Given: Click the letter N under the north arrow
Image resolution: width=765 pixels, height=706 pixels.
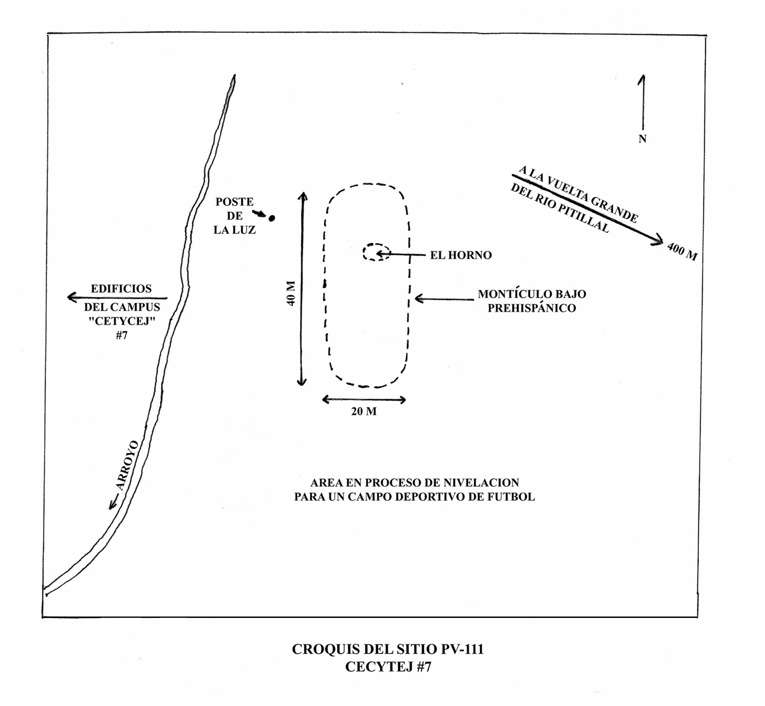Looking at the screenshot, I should coord(642,139).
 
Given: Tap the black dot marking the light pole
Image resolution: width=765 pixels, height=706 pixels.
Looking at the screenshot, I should coord(272,219).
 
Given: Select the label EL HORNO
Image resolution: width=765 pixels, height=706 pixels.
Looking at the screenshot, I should coord(461,255).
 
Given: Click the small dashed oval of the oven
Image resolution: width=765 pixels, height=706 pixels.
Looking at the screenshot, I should coord(377,253).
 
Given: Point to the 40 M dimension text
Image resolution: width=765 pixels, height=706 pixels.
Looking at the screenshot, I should coord(291,293).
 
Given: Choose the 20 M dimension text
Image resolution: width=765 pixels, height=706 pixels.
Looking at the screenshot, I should coord(364,412).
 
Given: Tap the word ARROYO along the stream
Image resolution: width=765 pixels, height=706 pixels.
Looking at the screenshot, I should coord(127,465).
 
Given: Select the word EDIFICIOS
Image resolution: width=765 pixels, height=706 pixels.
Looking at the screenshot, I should coord(121,288).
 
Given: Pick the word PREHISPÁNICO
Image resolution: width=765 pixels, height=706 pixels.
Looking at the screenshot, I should coord(532,308).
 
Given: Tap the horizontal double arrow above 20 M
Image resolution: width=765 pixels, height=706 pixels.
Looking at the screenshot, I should coord(364,400).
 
